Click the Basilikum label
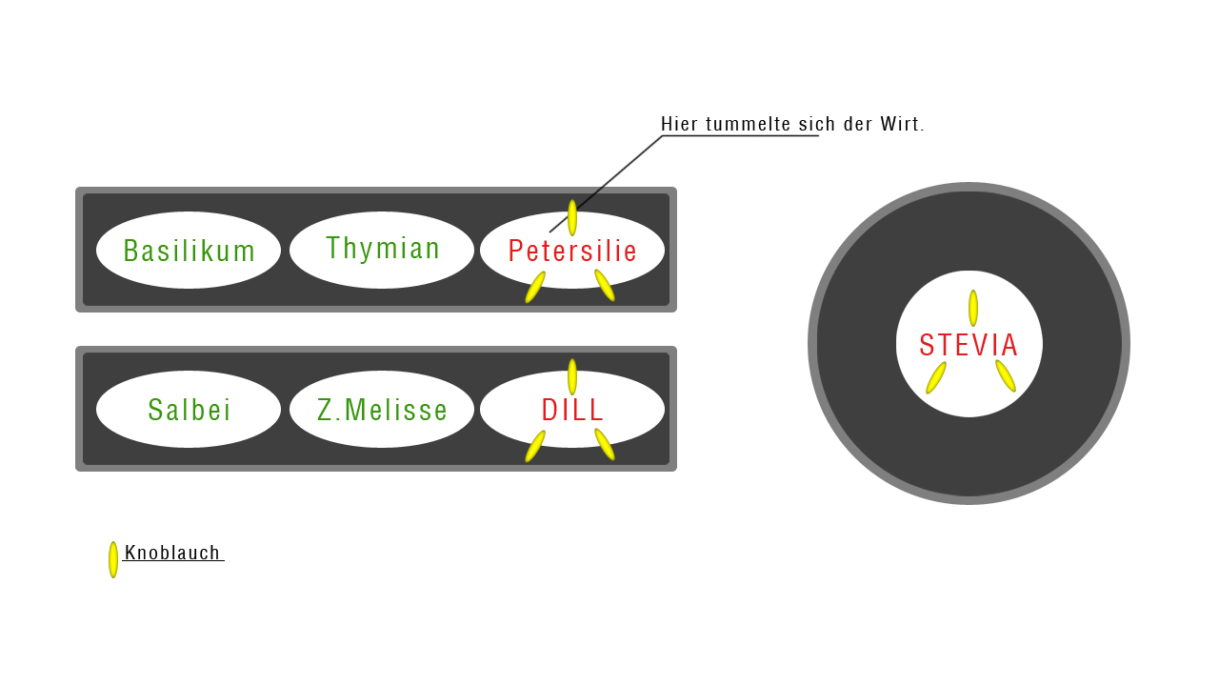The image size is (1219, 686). click(190, 251)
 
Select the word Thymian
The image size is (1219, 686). click(383, 248)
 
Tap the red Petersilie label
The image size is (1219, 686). click(572, 251)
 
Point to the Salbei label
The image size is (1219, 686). click(190, 410)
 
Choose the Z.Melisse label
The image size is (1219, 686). click(382, 410)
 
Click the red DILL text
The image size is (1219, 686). click(572, 410)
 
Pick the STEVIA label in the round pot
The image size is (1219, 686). click(969, 345)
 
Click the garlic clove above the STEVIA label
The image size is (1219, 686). click(973, 308)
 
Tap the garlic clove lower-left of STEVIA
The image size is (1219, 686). click(936, 377)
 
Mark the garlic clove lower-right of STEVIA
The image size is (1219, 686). click(1006, 375)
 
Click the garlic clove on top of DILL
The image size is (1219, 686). click(572, 376)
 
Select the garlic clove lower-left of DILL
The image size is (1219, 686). click(535, 446)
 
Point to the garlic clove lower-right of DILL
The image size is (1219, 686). click(605, 444)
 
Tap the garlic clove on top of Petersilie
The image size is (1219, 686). click(572, 217)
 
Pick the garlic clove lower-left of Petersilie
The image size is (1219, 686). click(535, 287)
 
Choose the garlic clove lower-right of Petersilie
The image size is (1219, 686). click(605, 285)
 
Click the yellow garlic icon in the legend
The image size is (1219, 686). click(113, 559)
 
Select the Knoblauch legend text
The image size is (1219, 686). click(172, 553)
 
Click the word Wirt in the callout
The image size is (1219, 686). click(902, 124)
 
